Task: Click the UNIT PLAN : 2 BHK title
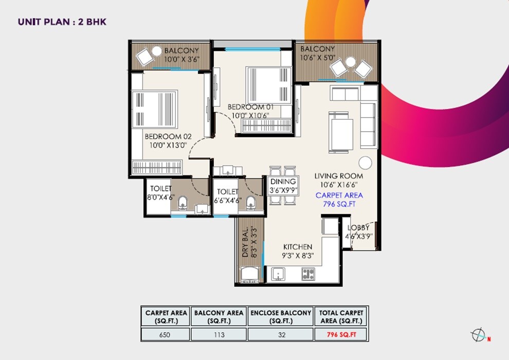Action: tap(62, 22)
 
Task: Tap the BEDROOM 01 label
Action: tap(251, 106)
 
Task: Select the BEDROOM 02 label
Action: tap(168, 136)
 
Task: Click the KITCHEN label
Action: tap(298, 247)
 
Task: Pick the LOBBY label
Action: tap(358, 228)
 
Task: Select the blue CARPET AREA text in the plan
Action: tap(339, 195)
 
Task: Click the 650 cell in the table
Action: tap(165, 334)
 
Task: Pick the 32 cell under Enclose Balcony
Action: tap(280, 334)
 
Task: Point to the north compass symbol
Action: tap(478, 335)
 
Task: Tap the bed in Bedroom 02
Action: tap(155, 109)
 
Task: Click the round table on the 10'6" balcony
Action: tap(351, 62)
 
